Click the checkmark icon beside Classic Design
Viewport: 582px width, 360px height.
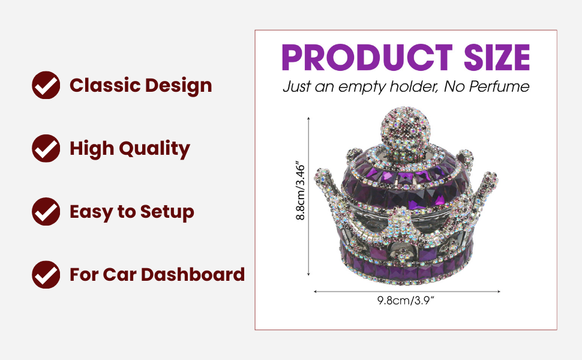point(46,85)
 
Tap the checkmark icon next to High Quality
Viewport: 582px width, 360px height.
point(46,148)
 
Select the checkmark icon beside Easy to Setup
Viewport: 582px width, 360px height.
point(46,212)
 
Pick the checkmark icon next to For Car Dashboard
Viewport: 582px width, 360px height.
point(46,275)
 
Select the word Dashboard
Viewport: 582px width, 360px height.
point(193,275)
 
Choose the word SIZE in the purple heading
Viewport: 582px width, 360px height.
point(497,57)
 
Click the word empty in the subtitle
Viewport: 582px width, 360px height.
point(362,87)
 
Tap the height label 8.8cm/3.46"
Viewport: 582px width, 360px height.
point(300,190)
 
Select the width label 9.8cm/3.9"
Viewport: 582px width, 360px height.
point(406,300)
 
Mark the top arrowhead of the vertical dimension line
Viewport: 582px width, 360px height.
point(308,118)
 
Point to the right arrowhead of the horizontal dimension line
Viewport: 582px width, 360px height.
point(499,292)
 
